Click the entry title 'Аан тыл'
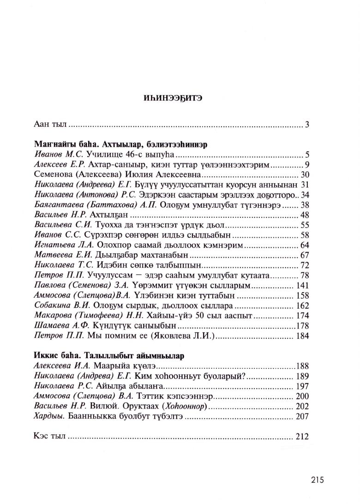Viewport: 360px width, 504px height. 51,125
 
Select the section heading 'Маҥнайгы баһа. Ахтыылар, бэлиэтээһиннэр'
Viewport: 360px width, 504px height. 120,144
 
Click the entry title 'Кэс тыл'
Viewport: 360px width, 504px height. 51,436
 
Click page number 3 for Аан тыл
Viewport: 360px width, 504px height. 306,125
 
